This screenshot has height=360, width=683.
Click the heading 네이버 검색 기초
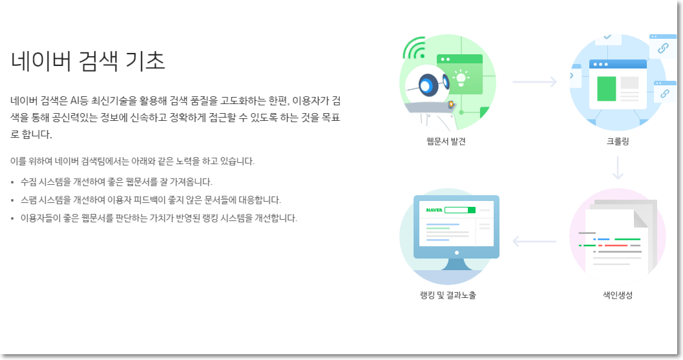(89, 61)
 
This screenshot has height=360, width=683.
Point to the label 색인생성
(618, 295)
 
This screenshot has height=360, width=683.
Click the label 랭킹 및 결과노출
(448, 295)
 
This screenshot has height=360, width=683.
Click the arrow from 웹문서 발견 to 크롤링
(534, 81)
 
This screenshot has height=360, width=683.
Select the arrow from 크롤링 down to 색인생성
(618, 167)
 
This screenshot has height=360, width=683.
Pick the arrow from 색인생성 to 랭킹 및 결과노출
(534, 242)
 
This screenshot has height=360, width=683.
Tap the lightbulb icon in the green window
(461, 78)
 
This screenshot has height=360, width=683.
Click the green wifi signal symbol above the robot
(414, 48)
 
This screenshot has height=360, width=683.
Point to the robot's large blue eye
(427, 84)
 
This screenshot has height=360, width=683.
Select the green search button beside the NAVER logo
(471, 210)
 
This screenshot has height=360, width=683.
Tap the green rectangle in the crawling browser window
(606, 89)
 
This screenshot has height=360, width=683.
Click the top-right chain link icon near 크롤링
(662, 47)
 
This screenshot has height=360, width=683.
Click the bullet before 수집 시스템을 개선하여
(13, 182)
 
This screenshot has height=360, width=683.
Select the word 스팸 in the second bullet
(29, 200)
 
